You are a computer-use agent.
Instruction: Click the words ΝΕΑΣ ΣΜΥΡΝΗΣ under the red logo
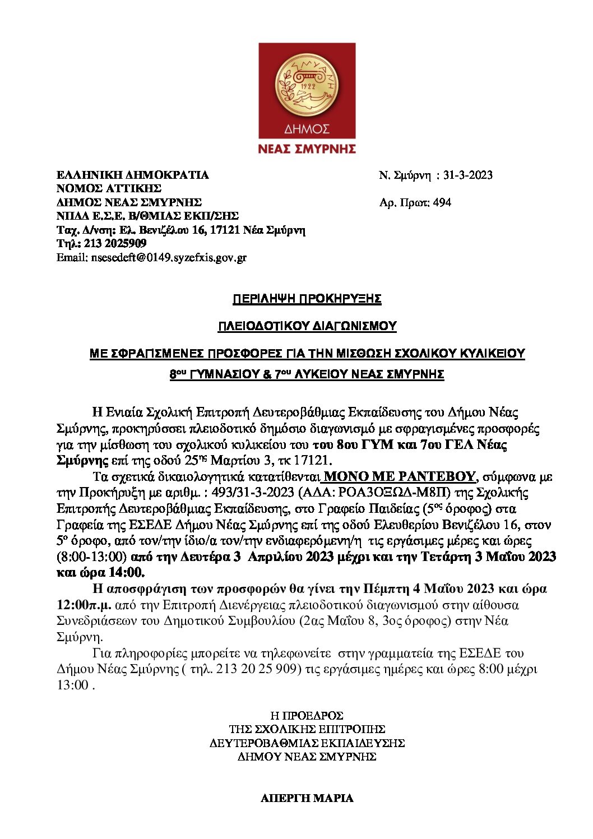[307, 149]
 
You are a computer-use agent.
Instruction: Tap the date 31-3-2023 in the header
[467, 175]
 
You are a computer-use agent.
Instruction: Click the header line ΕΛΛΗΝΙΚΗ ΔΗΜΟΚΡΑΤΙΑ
[132, 175]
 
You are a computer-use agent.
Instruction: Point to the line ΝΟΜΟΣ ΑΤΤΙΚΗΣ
[109, 188]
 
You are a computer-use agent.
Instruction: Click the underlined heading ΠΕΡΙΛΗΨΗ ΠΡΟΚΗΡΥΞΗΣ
[307, 299]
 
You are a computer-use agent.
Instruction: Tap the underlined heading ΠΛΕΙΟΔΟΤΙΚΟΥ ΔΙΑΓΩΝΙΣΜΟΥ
[307, 326]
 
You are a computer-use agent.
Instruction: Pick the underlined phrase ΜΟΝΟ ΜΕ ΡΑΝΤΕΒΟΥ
[400, 476]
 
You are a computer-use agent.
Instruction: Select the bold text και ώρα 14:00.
[101, 573]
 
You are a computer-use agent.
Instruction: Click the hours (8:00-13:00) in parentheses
[91, 557]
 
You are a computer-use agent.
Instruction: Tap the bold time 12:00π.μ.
[84, 605]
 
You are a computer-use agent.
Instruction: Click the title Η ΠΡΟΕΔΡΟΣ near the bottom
[307, 716]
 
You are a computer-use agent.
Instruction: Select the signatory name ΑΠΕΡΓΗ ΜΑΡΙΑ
[307, 798]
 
